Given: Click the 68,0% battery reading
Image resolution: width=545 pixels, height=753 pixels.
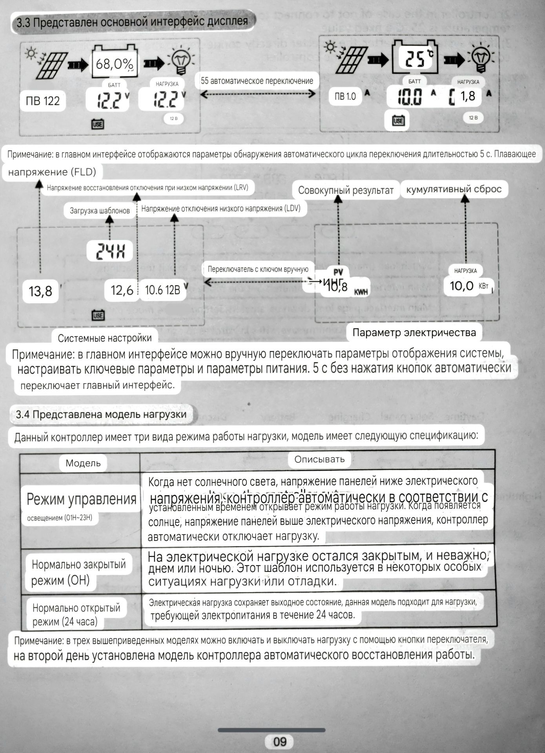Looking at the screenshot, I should click(x=115, y=63).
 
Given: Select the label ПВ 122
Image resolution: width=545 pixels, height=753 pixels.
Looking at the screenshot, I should click(x=42, y=101).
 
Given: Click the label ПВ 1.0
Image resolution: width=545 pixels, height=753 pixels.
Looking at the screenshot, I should click(x=345, y=96).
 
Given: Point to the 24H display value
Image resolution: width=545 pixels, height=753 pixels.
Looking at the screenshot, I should click(x=109, y=251).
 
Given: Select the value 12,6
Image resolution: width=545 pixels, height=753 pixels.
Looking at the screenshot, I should click(x=122, y=290).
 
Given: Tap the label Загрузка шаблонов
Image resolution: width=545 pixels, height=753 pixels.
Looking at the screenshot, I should click(x=100, y=211).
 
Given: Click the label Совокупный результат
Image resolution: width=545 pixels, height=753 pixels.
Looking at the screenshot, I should click(x=345, y=190).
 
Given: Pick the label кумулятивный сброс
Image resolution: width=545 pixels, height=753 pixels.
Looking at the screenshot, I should click(x=454, y=189).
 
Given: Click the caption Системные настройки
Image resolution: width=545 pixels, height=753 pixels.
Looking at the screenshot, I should click(x=105, y=338).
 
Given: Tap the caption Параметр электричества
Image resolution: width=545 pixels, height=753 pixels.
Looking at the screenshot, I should click(x=414, y=333).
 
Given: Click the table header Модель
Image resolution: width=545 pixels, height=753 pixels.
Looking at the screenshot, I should click(x=83, y=463).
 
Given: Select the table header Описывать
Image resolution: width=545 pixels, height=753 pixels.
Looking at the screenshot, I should click(x=319, y=459).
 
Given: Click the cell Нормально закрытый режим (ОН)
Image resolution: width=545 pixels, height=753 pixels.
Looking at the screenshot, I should click(x=78, y=572).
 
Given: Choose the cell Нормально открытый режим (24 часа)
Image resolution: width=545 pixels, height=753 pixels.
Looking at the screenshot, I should click(x=76, y=615).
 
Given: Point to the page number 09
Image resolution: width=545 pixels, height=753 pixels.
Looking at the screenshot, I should click(x=280, y=742).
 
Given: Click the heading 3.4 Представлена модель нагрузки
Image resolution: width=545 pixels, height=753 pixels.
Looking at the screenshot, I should click(x=101, y=415).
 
